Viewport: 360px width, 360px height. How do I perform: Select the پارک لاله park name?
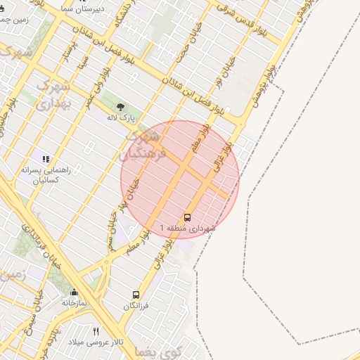coord(121,118)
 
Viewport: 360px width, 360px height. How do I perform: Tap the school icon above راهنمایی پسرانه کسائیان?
coord(46,160)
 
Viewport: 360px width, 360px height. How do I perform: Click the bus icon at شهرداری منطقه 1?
coord(188,217)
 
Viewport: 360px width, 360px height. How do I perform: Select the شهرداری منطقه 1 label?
coord(188,229)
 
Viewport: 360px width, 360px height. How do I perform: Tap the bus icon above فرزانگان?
coord(136,295)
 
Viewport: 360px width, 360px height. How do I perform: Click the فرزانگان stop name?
coord(136,307)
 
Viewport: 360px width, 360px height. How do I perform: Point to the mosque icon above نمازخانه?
coord(74,292)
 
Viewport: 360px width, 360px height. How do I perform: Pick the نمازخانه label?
coord(75,303)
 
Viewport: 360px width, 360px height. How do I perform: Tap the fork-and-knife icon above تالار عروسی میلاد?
coord(96,331)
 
